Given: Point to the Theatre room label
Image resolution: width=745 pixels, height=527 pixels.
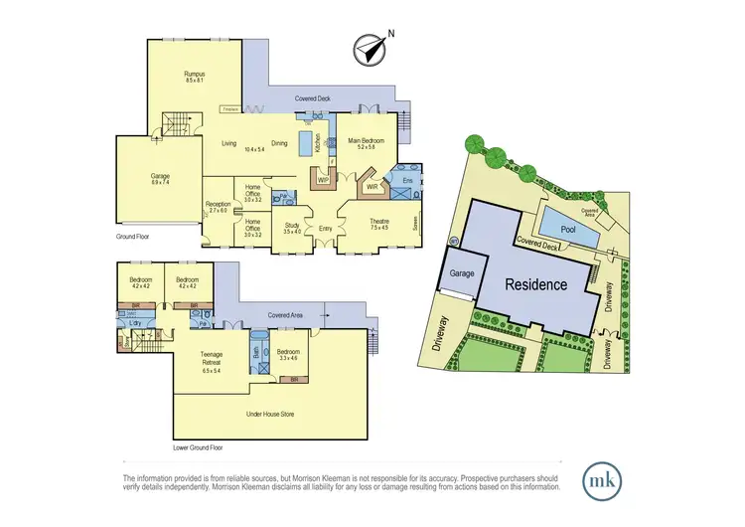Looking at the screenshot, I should coord(379,222).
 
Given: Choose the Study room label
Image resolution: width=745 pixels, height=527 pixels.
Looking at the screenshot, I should coord(292,226).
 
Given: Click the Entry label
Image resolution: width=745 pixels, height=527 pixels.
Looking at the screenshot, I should coord(325,229).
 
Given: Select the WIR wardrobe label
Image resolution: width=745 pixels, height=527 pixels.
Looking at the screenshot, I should coord(371,185).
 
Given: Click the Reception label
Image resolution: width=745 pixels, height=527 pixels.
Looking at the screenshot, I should coord(218,205).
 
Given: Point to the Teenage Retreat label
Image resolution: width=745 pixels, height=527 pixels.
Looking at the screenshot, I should coord(211,357).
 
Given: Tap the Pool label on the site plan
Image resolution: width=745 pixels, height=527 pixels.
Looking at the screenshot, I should coord(567,229).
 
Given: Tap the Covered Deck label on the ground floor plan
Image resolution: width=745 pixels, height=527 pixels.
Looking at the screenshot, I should coord(320,99).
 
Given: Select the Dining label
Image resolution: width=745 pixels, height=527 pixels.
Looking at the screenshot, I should coord(279,143).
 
